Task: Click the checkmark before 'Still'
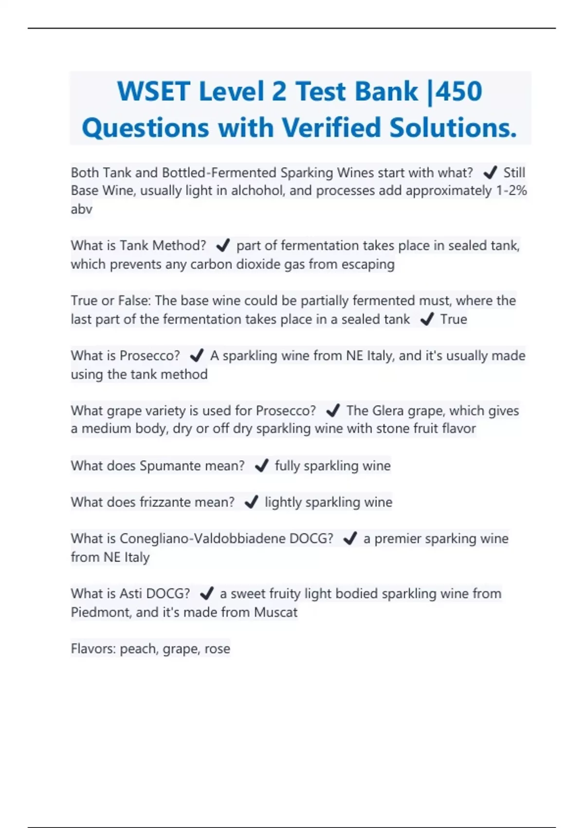490,172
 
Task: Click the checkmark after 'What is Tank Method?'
222,245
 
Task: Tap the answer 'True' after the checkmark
453,319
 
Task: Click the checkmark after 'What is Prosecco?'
196,356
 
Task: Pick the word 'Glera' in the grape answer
388,411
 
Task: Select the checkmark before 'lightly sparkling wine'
251,502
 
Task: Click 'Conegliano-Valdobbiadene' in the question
202,539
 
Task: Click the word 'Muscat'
275,612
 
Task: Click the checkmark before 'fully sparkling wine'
261,466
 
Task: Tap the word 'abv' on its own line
81,209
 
